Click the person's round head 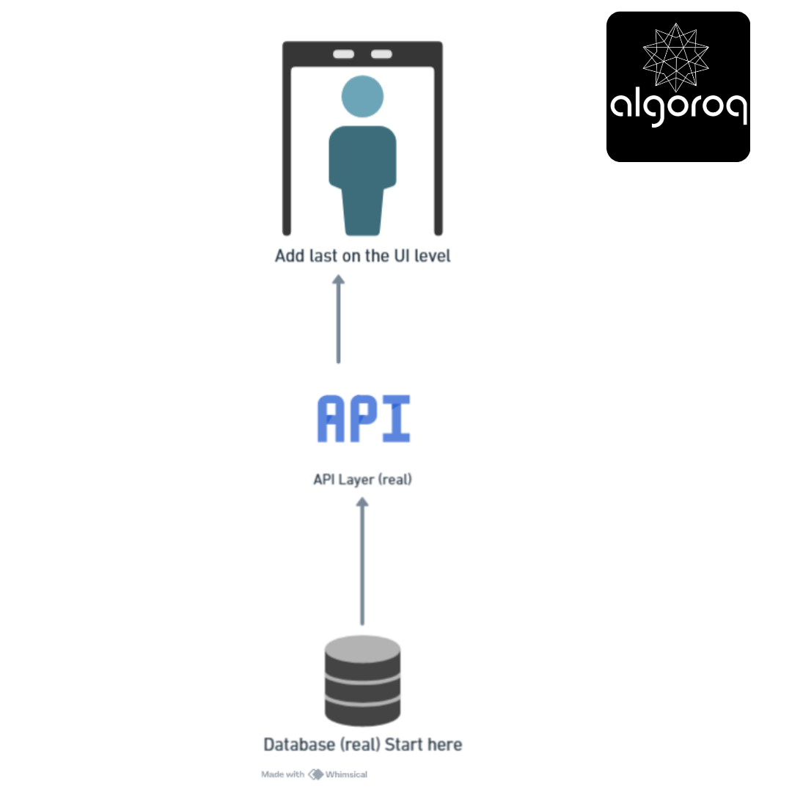tap(362, 97)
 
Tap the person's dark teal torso tap(362, 180)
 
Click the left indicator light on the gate tap(343, 54)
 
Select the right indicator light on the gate tap(381, 54)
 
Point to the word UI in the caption tap(402, 256)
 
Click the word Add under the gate tap(290, 256)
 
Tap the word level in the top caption tap(433, 256)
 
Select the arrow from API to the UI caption tap(338, 319)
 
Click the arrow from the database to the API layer tap(362, 561)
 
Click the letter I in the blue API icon tap(397, 419)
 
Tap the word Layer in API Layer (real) tap(356, 480)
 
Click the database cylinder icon tap(362, 681)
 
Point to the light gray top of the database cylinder tap(362, 648)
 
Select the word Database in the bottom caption tap(299, 744)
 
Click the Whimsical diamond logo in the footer tap(315, 774)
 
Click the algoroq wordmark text tap(678, 108)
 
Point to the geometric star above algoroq tap(676, 57)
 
